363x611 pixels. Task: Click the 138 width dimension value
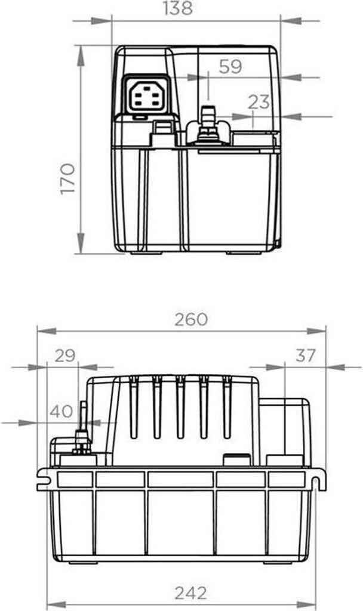pos(178,8)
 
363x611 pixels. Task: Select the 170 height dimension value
pos(67,179)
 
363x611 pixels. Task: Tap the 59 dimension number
pos(230,67)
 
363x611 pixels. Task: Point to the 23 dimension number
pos(259,102)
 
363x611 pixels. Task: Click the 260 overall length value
pos(191,320)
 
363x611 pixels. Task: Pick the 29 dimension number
pos(64,356)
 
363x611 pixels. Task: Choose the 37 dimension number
pos(305,356)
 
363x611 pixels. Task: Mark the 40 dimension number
pos(61,411)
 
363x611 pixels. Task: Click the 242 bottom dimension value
pos(190,593)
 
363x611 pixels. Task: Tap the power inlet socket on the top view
pos(146,95)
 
